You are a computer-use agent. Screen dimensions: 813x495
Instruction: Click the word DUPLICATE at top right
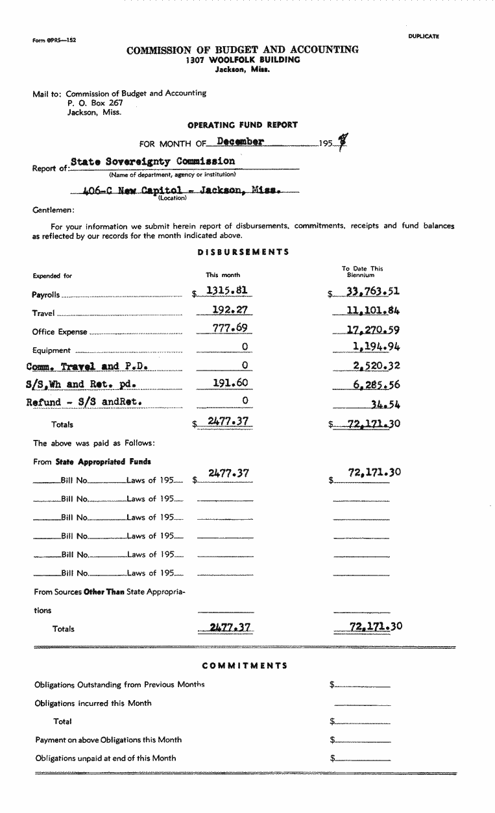424,36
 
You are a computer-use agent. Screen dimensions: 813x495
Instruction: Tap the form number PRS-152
54,40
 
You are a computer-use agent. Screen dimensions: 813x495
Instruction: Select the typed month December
240,142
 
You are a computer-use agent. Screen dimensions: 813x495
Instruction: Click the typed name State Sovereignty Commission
152,161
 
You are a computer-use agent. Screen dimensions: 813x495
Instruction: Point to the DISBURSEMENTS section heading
243,252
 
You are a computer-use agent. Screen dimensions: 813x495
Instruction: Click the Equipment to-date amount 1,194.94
376,346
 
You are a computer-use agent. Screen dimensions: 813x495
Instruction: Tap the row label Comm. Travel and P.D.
87,366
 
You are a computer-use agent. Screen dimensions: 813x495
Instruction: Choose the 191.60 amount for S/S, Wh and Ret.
231,383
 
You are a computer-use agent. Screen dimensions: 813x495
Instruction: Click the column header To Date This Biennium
363,271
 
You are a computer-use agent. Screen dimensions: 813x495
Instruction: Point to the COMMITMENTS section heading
245,666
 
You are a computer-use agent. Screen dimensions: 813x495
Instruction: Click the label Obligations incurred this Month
93,703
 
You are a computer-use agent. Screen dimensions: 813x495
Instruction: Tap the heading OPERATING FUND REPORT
243,125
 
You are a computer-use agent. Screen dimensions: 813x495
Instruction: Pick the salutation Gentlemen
53,210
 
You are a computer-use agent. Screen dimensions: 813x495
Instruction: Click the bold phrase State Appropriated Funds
103,462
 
